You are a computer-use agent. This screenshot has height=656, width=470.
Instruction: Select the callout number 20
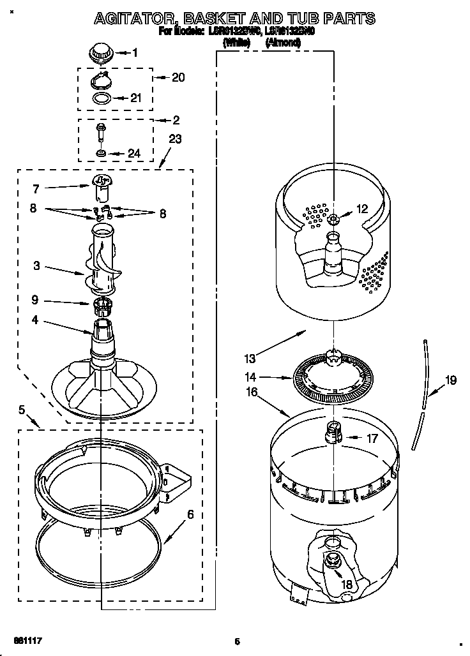[x=179, y=78]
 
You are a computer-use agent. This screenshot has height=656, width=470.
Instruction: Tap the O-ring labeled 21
[x=101, y=98]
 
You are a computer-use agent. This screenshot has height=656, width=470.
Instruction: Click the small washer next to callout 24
[x=101, y=153]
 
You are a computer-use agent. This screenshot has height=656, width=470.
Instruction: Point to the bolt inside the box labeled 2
[x=101, y=133]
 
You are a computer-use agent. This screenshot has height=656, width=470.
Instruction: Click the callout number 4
[x=35, y=320]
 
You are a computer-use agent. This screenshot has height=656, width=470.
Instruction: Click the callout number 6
[x=190, y=514]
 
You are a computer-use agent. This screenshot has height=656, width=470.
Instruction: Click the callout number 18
[x=347, y=584]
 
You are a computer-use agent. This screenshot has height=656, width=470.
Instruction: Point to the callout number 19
[x=451, y=381]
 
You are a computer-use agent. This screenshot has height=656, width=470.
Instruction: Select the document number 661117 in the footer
[x=28, y=639]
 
